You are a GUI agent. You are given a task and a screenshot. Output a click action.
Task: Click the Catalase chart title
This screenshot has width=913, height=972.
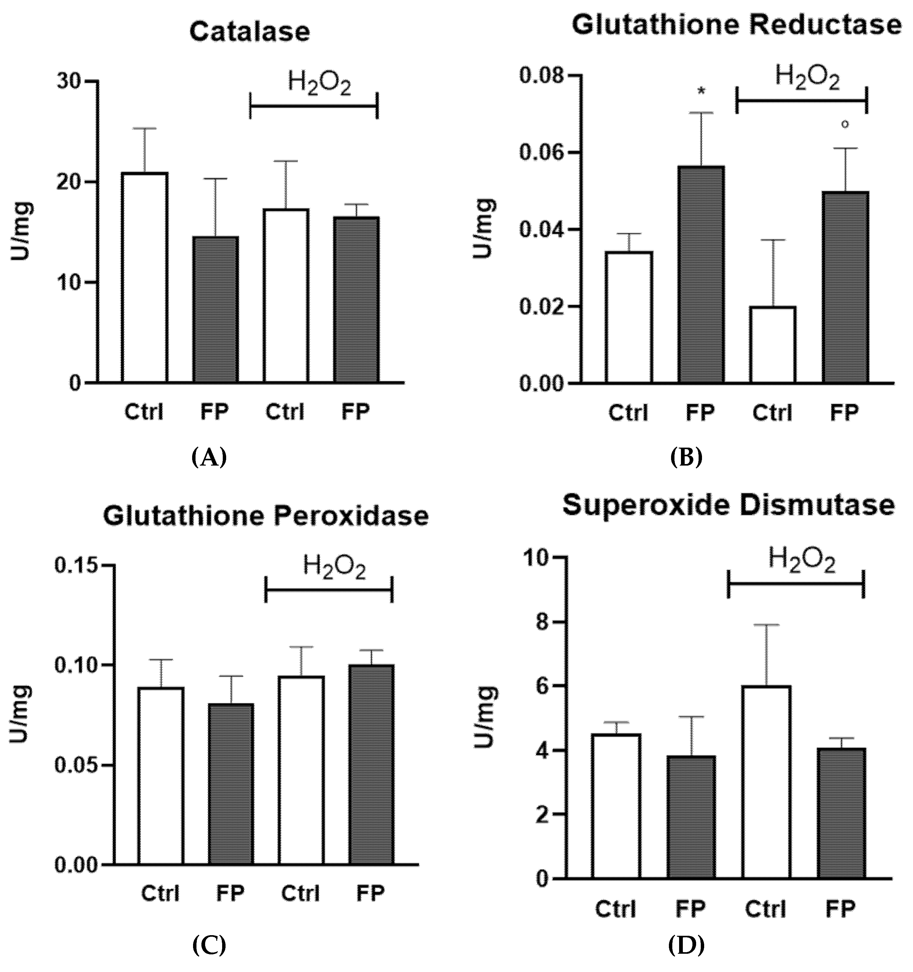(249, 32)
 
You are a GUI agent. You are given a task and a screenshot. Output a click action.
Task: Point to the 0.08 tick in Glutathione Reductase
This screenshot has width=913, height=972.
(544, 76)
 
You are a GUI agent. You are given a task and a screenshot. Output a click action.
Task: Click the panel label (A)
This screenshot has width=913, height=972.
(209, 458)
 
